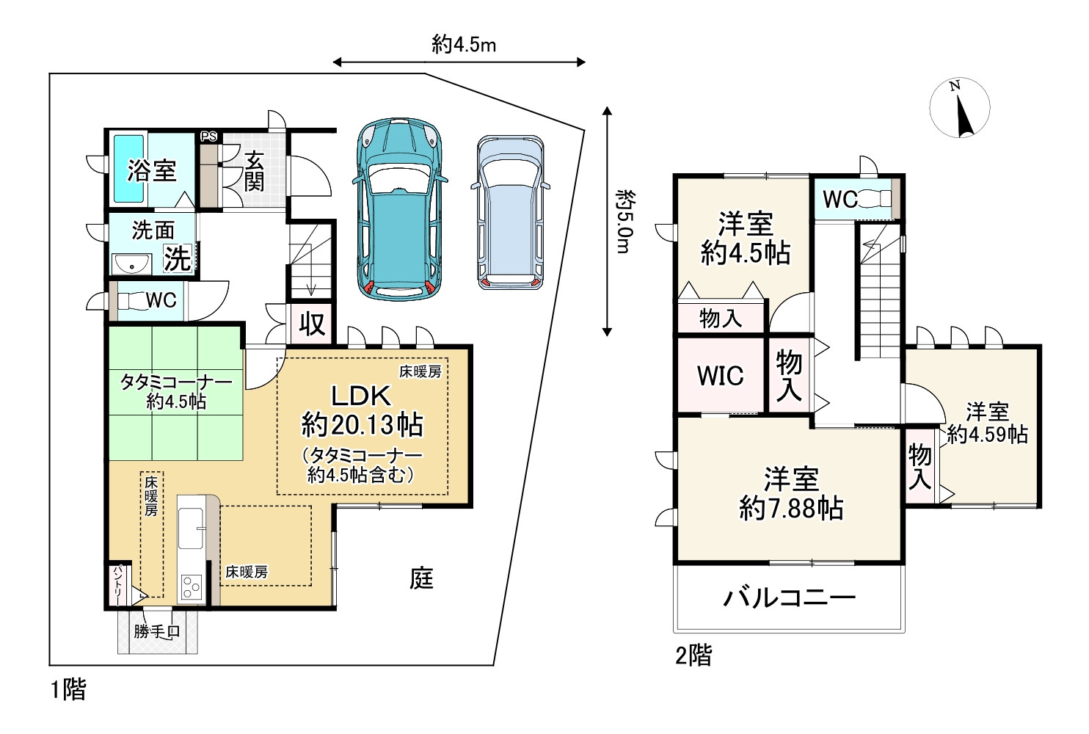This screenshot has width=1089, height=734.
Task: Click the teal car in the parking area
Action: (400, 209)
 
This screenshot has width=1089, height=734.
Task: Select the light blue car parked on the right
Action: (511, 212)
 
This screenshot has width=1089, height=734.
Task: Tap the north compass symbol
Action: (960, 108)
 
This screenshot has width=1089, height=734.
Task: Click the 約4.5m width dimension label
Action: (464, 45)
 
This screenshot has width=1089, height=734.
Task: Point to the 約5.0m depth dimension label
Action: (623, 221)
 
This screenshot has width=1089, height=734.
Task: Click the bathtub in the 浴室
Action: (128, 170)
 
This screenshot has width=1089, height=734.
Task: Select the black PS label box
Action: (209, 137)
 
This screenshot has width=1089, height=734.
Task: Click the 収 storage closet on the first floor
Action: (311, 324)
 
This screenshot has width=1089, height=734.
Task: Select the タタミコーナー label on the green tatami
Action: (175, 382)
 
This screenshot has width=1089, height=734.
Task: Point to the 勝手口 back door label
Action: (156, 631)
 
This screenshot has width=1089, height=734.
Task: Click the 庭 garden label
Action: (421, 578)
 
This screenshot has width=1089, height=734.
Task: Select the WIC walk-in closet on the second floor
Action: (720, 376)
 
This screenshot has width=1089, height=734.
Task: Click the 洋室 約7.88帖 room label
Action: (791, 494)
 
